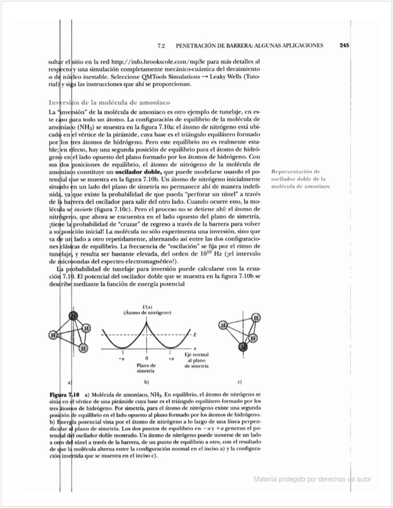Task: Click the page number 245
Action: coord(343,45)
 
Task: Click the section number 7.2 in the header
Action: coord(161,46)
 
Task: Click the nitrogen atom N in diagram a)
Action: coord(73,316)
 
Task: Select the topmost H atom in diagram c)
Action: coord(256,318)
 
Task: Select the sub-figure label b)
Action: coord(147,382)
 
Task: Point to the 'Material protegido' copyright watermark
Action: coord(312,479)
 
